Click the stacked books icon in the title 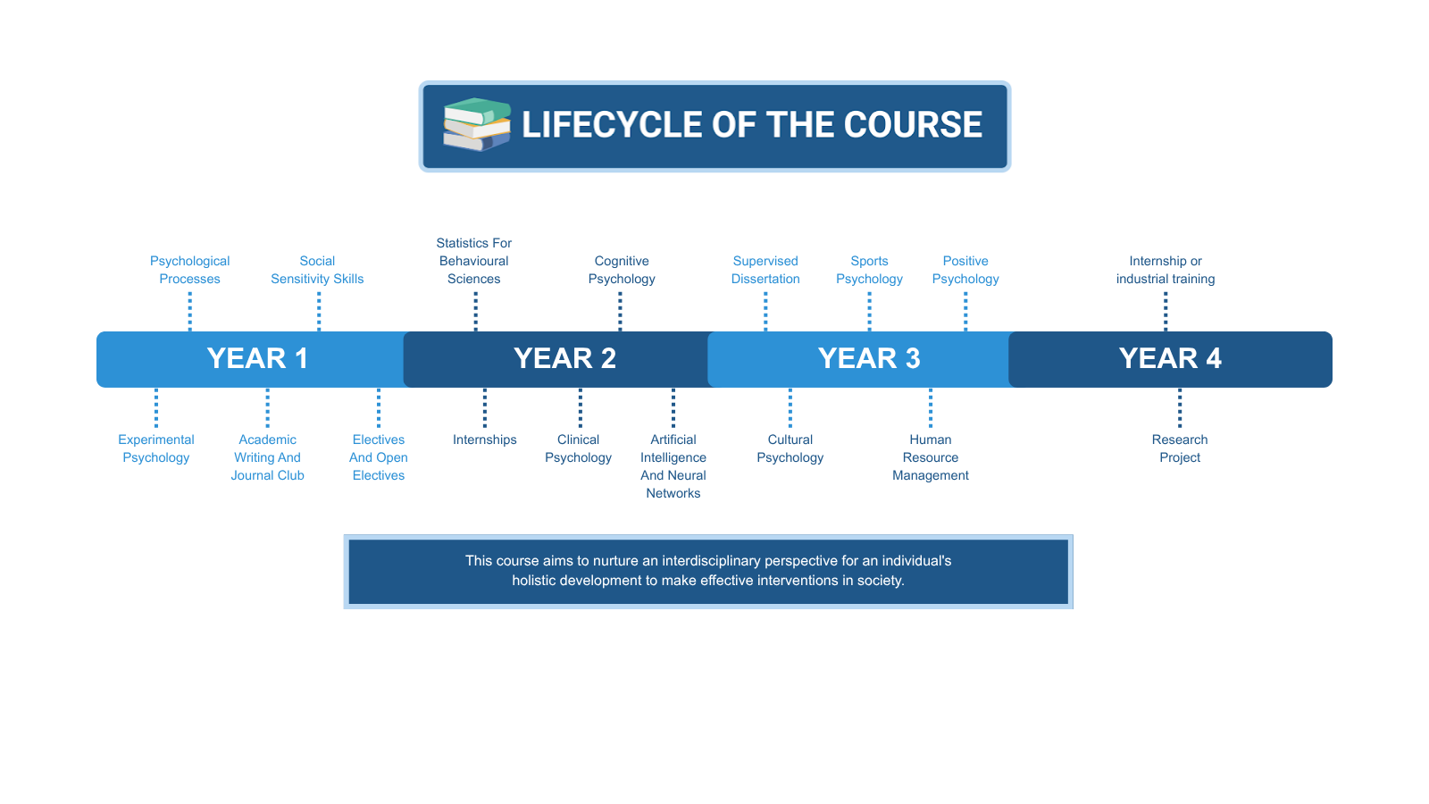pos(477,124)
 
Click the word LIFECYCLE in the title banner pos(612,124)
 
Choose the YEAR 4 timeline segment pos(1170,358)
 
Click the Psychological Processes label pos(189,270)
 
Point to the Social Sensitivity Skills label pos(317,270)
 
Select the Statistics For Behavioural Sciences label pos(474,261)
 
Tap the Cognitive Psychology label pos(622,270)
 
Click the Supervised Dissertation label pos(765,270)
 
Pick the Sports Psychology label pos(869,270)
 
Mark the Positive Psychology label pos(965,270)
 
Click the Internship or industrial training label pos(1166,270)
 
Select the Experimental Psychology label pos(156,448)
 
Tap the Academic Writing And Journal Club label pos(267,457)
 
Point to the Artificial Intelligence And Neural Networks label pos(673,466)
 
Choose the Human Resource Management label pos(930,457)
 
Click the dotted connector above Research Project pos(1180,407)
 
